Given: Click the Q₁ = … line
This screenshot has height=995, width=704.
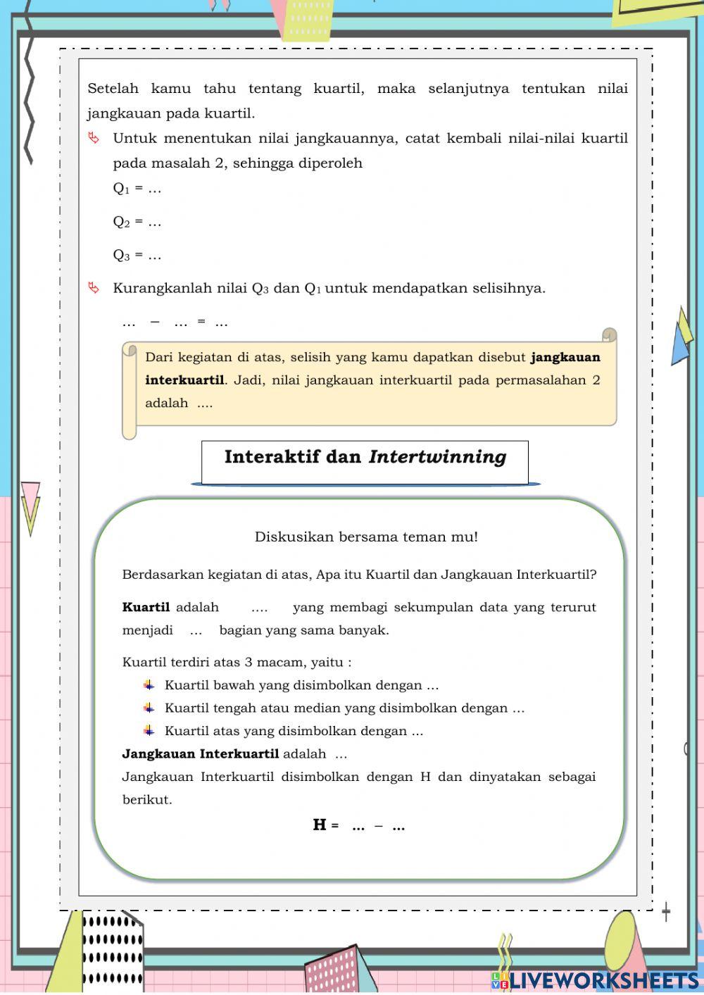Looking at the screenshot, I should [137, 189].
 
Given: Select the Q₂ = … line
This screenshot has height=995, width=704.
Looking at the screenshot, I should [137, 222].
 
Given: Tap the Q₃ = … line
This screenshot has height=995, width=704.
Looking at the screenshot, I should [137, 255].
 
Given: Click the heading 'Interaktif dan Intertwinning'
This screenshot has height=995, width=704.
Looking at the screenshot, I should [365, 457].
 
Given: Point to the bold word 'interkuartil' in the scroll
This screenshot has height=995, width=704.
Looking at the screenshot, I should [184, 380].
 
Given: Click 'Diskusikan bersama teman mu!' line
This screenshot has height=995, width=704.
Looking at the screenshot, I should [366, 537].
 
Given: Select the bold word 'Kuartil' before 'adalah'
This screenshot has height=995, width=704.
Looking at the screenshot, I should [146, 607].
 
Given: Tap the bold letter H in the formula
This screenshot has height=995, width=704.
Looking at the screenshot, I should [320, 825].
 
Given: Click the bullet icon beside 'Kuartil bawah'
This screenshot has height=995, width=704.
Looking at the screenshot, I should [149, 684].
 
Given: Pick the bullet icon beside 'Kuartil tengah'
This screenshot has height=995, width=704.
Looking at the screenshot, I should [149, 708].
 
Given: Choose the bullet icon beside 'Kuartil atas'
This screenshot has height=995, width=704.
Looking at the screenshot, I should [149, 730].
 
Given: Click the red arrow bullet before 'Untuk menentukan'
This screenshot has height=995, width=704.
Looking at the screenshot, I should [94, 138].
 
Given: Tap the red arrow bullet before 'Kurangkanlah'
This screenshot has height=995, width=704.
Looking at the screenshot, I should [94, 287].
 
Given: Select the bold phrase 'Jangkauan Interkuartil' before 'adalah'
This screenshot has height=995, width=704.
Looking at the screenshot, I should [201, 754].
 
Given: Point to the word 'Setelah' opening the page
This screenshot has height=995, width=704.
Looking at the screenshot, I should [113, 89].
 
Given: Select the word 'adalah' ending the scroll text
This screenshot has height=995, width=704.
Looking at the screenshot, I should [167, 403].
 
